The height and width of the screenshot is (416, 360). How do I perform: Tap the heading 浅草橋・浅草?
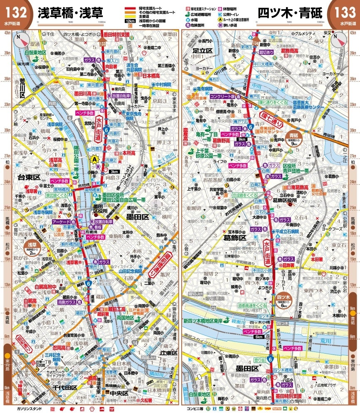click(71, 13)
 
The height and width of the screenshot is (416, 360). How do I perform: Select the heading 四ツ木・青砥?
click(289, 13)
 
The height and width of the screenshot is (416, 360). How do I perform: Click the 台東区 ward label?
click(28, 177)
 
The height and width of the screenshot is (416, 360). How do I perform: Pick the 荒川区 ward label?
click(19, 94)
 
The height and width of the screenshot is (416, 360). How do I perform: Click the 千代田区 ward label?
click(63, 388)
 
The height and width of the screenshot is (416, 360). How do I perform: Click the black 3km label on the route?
click(115, 171)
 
